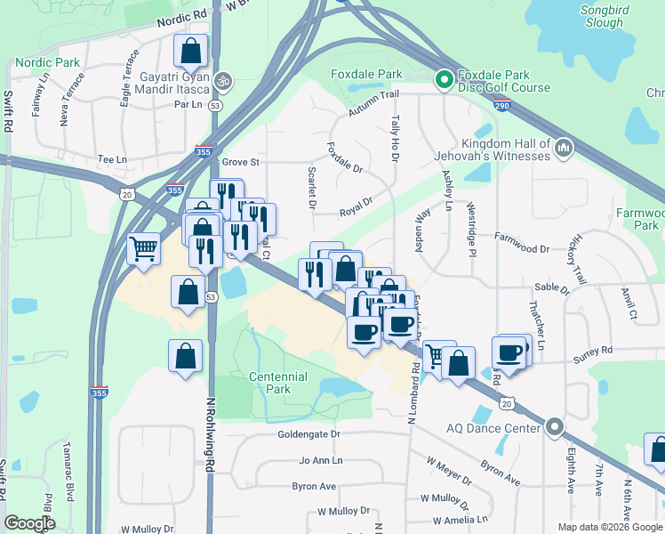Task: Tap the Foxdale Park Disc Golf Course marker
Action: pyautogui.click(x=444, y=80)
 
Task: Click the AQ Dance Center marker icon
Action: pyautogui.click(x=556, y=428)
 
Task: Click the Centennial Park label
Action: pyautogui.click(x=278, y=383)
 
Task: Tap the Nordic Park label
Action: pyautogui.click(x=47, y=63)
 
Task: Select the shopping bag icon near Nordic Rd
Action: pyautogui.click(x=190, y=52)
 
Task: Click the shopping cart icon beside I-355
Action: pyautogui.click(x=143, y=249)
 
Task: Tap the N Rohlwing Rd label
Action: pyautogui.click(x=212, y=433)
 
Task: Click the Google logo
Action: pyautogui.click(x=29, y=523)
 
